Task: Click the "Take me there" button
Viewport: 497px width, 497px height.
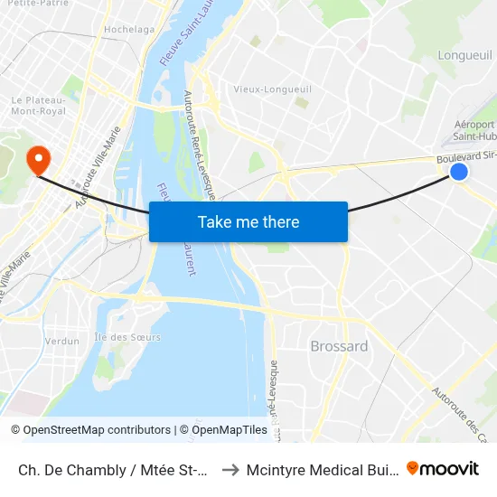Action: click(x=248, y=221)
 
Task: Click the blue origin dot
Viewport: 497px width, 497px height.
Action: click(x=459, y=171)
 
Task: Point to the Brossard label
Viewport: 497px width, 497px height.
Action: click(x=339, y=346)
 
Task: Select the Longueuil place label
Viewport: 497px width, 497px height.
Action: click(x=464, y=55)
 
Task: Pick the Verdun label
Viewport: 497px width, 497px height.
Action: click(x=62, y=341)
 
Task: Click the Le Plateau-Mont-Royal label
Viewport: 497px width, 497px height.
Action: click(x=38, y=106)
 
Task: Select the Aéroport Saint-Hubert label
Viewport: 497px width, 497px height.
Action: click(x=474, y=131)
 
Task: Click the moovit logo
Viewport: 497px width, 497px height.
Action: click(x=443, y=468)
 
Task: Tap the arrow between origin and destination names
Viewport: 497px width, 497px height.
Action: click(x=229, y=469)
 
